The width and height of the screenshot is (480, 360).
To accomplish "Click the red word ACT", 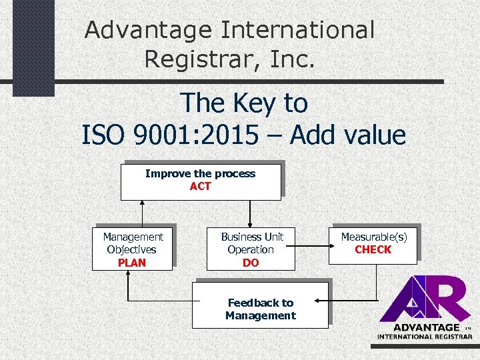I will pyautogui.click(x=200, y=187).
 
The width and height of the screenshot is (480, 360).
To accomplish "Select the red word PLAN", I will pyautogui.click(x=131, y=263).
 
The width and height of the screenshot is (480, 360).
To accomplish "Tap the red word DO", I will pyautogui.click(x=251, y=263).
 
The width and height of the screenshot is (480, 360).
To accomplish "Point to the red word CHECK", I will pyautogui.click(x=373, y=250).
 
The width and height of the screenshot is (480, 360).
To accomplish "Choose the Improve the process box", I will pyautogui.click(x=200, y=181).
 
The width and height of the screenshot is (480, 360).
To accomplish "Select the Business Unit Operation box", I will pyautogui.click(x=251, y=249).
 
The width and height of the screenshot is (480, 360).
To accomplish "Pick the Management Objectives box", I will pyautogui.click(x=132, y=249).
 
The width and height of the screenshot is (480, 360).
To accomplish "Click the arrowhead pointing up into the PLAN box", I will pyautogui.click(x=129, y=275).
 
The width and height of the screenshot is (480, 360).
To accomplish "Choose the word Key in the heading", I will pyautogui.click(x=247, y=104).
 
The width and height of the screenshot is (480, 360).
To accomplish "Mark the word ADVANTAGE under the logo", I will pyautogui.click(x=426, y=327).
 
